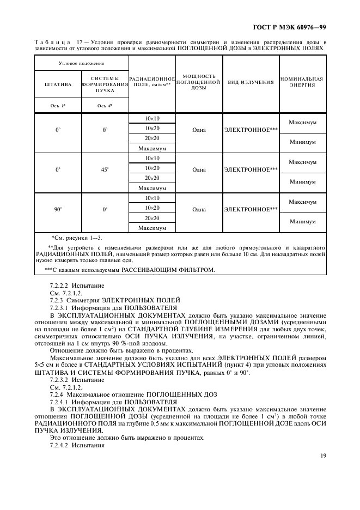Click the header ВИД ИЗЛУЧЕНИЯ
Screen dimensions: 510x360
click(251, 82)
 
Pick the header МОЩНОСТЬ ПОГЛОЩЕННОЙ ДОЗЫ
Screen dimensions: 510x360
click(199, 82)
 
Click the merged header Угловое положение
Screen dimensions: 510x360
click(81, 64)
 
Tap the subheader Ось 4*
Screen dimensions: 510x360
click(105, 106)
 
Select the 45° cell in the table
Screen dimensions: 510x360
click(105, 169)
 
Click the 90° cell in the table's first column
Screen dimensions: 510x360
click(58, 209)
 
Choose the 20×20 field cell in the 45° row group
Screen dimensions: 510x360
click(152, 178)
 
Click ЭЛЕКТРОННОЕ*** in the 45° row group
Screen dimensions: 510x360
click(251, 169)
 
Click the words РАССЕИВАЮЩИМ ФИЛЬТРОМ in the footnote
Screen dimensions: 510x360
click(168, 270)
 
